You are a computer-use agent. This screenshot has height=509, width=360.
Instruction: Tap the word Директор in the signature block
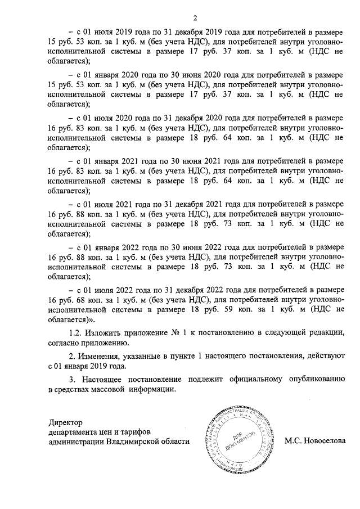coord(65,422)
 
